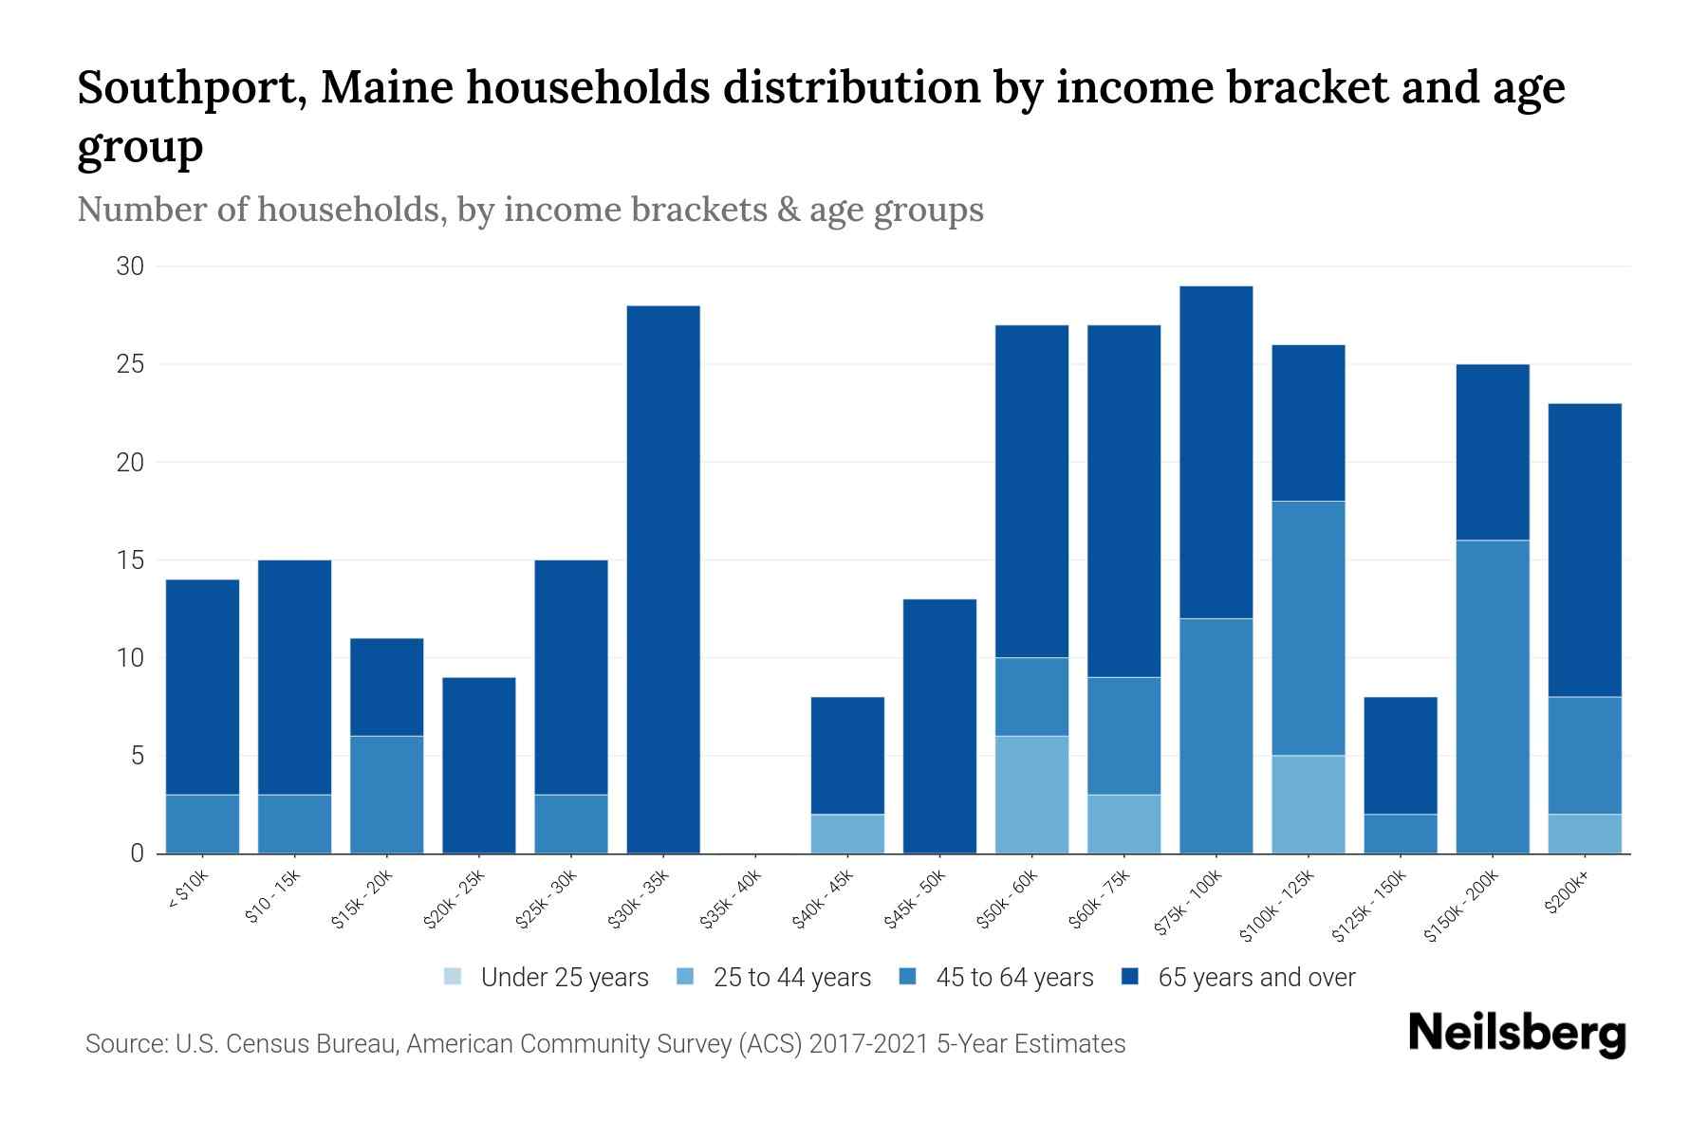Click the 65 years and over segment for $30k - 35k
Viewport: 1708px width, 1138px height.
pyautogui.click(x=663, y=579)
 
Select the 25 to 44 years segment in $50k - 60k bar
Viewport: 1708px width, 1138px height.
pyautogui.click(x=1031, y=795)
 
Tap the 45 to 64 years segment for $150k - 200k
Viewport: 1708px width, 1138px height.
pyautogui.click(x=1493, y=697)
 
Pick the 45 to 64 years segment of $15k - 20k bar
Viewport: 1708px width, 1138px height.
pyautogui.click(x=386, y=795)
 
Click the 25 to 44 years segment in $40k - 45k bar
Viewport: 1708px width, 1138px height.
pyautogui.click(x=847, y=834)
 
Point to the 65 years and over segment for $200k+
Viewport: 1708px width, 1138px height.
pyautogui.click(x=1585, y=550)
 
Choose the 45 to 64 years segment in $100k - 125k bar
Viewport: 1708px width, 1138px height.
pyautogui.click(x=1309, y=628)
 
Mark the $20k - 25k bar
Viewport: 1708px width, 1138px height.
pyautogui.click(x=479, y=765)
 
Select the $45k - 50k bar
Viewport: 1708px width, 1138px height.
pyautogui.click(x=939, y=726)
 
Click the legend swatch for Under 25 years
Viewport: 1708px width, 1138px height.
pyautogui.click(x=454, y=976)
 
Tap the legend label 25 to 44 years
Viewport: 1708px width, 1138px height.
pyautogui.click(x=791, y=978)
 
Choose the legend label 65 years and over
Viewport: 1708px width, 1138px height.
pyautogui.click(x=1256, y=978)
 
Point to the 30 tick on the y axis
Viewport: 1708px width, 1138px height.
pyautogui.click(x=130, y=266)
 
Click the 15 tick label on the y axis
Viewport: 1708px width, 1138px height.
pyautogui.click(x=130, y=560)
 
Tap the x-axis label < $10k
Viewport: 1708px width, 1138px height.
pyautogui.click(x=189, y=890)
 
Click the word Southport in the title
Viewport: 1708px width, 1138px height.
pyautogui.click(x=191, y=88)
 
